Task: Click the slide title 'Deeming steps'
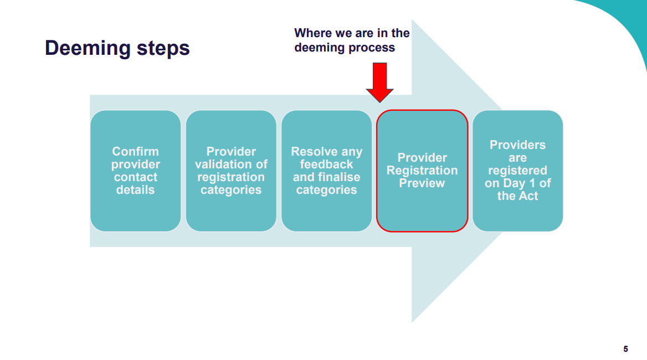pos(117,48)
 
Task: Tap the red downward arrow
pos(379,82)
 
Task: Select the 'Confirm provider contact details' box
pos(135,171)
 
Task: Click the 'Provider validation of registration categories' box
pos(231,171)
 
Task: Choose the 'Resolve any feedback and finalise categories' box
pos(326,171)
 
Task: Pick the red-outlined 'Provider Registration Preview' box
pos(422,171)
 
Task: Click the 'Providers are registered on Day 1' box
pos(517,171)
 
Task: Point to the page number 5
pos(625,349)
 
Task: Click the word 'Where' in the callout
pos(312,33)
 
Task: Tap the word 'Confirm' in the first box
pos(135,152)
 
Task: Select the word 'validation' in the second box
pos(231,164)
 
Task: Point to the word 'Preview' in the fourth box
pos(422,183)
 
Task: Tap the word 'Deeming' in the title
pos(88,48)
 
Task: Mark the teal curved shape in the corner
pos(626,22)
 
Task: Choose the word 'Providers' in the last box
pos(517,145)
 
